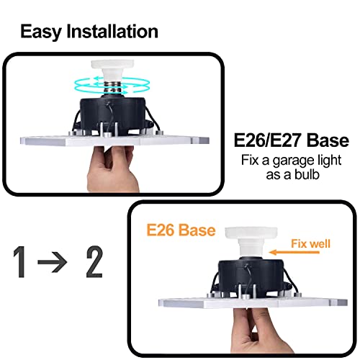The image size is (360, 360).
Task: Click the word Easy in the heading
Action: [41, 32]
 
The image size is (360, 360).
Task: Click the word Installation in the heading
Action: [111, 32]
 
